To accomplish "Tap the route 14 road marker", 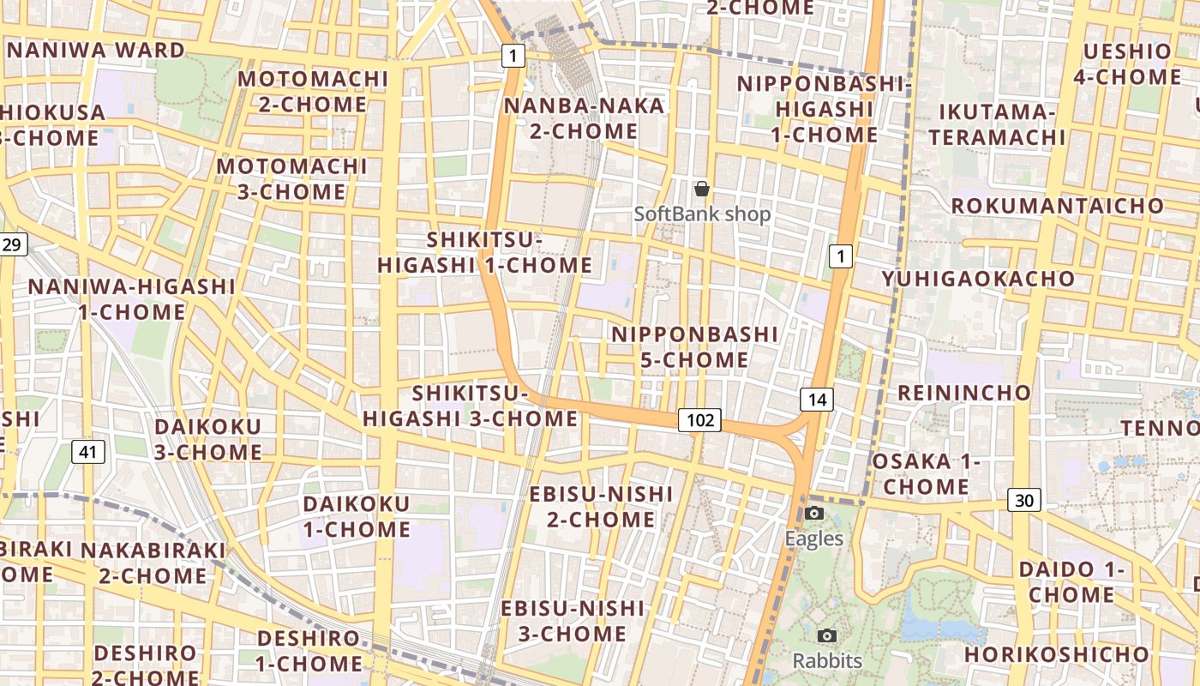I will (x=817, y=399).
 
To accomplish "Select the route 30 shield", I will (x=1024, y=500).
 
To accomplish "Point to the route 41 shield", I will (x=88, y=451).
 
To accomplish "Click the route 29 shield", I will (x=13, y=245).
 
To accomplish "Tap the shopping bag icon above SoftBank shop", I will (x=702, y=189).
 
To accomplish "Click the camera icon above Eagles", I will (x=814, y=514).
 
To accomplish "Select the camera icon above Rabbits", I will (x=827, y=635).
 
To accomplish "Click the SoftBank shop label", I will (x=703, y=214).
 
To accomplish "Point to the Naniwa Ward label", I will (x=96, y=50).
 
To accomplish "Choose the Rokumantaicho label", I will (x=1058, y=206).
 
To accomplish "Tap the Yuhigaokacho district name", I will (x=978, y=279).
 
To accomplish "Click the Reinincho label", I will (x=964, y=393).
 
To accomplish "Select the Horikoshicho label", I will (x=1056, y=654).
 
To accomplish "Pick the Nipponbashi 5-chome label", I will (x=695, y=346).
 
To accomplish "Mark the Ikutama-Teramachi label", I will (x=997, y=124).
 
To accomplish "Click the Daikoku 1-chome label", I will (x=357, y=516).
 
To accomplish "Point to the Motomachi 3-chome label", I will (x=291, y=178).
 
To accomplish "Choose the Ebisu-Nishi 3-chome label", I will (x=573, y=621).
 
